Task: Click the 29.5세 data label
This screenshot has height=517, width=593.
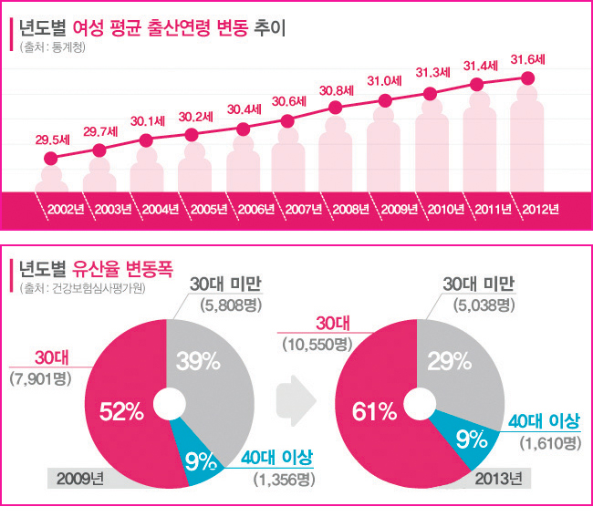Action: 53,140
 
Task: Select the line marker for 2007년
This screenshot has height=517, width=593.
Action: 288,120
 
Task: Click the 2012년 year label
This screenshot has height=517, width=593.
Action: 540,209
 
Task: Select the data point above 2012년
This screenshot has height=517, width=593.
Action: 527,78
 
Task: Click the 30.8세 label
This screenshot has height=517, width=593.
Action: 337,90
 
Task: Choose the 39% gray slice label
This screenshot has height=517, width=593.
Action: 203,361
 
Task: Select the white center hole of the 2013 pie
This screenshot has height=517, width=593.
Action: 417,402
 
